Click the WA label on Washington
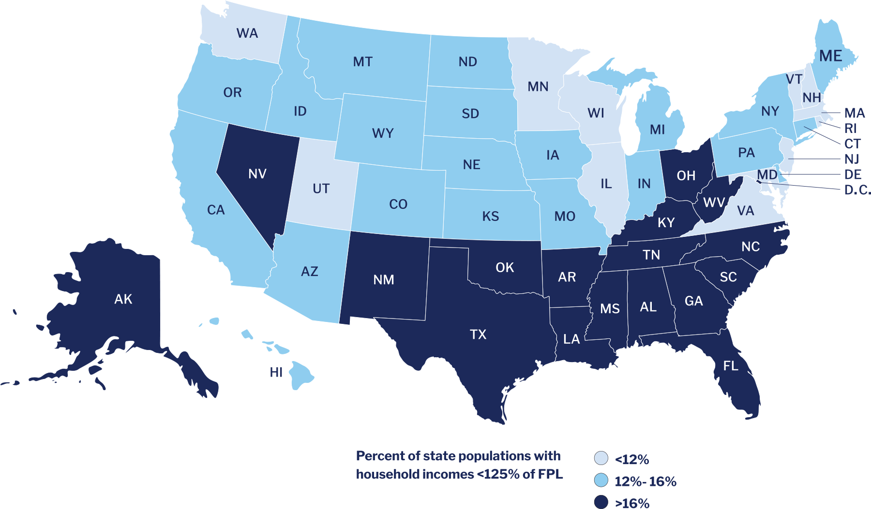click(247, 33)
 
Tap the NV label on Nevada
click(257, 174)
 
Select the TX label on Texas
click(478, 334)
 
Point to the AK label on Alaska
click(123, 299)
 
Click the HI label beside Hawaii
click(276, 372)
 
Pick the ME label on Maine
click(831, 56)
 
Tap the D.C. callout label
click(857, 190)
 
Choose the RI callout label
click(851, 129)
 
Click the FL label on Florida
click(731, 366)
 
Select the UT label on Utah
click(321, 189)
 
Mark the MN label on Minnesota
click(538, 87)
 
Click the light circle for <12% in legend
click(601, 458)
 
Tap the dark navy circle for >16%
click(601, 502)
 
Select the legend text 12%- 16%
click(646, 481)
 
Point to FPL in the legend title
click(550, 474)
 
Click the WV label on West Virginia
click(714, 202)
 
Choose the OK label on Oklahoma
click(505, 267)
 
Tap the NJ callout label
click(852, 159)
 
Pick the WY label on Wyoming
click(383, 133)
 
